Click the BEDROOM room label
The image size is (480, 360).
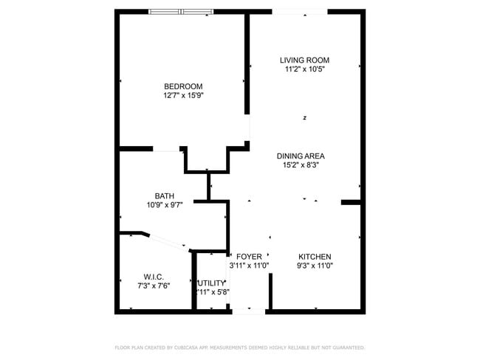tap(183, 86)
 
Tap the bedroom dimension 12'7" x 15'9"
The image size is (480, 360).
tap(183, 95)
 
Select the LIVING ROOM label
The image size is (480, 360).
tap(304, 60)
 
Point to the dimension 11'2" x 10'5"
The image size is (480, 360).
tap(304, 69)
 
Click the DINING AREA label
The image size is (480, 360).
tap(301, 156)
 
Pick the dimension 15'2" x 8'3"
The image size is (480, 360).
tap(301, 165)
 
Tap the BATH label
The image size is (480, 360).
tap(165, 196)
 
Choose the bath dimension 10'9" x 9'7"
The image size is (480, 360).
tap(165, 205)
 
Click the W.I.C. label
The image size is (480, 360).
tap(154, 277)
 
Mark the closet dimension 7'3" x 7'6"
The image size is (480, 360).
tap(154, 285)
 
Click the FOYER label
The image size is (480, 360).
tap(248, 256)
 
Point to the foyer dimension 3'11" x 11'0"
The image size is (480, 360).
tap(249, 266)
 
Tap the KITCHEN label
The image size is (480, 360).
tap(315, 256)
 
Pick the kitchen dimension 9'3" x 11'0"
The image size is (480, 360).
tap(315, 266)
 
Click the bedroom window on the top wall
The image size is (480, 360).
tap(182, 12)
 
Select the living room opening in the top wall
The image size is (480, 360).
tap(299, 12)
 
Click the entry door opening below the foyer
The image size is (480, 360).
tap(248, 311)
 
